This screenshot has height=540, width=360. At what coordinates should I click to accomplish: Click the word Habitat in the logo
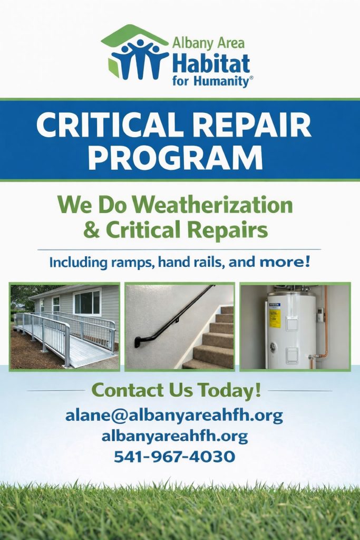tap(211, 63)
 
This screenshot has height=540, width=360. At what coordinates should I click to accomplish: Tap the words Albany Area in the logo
tap(208, 43)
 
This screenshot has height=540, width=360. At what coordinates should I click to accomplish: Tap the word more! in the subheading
tap(285, 263)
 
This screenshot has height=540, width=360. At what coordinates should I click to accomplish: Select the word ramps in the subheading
tap(133, 264)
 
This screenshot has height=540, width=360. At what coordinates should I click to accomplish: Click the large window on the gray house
tap(87, 302)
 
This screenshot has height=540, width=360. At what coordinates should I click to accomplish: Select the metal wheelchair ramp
tap(65, 337)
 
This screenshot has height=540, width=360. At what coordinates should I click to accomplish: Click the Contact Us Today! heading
tap(176, 391)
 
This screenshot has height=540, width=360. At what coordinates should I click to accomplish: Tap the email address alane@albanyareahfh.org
tap(174, 416)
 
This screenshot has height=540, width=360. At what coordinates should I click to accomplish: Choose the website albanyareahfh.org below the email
tap(174, 437)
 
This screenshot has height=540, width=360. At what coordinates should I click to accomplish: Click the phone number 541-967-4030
tap(174, 457)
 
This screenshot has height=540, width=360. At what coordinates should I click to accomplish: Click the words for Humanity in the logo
tap(211, 82)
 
